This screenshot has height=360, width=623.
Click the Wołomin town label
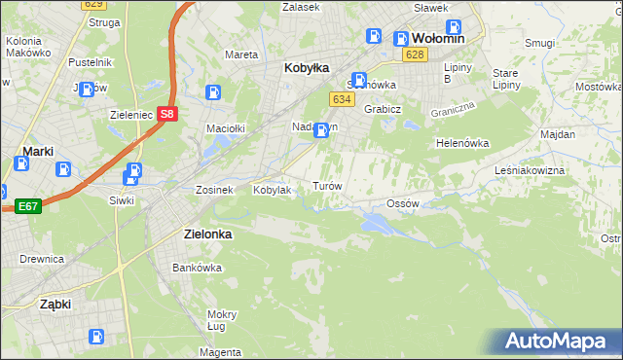(x=438, y=38)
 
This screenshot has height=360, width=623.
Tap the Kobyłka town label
(x=307, y=68)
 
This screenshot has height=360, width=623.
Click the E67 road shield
(x=27, y=206)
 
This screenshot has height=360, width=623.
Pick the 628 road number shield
(x=416, y=54)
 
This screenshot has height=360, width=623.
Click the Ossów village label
(x=402, y=203)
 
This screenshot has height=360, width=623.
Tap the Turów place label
(x=325, y=185)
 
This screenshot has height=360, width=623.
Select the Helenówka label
(x=461, y=143)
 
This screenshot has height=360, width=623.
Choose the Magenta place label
(x=223, y=351)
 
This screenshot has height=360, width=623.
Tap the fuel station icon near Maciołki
(x=213, y=92)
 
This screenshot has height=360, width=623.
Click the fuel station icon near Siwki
(x=131, y=176)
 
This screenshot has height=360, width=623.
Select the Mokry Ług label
(x=222, y=320)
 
